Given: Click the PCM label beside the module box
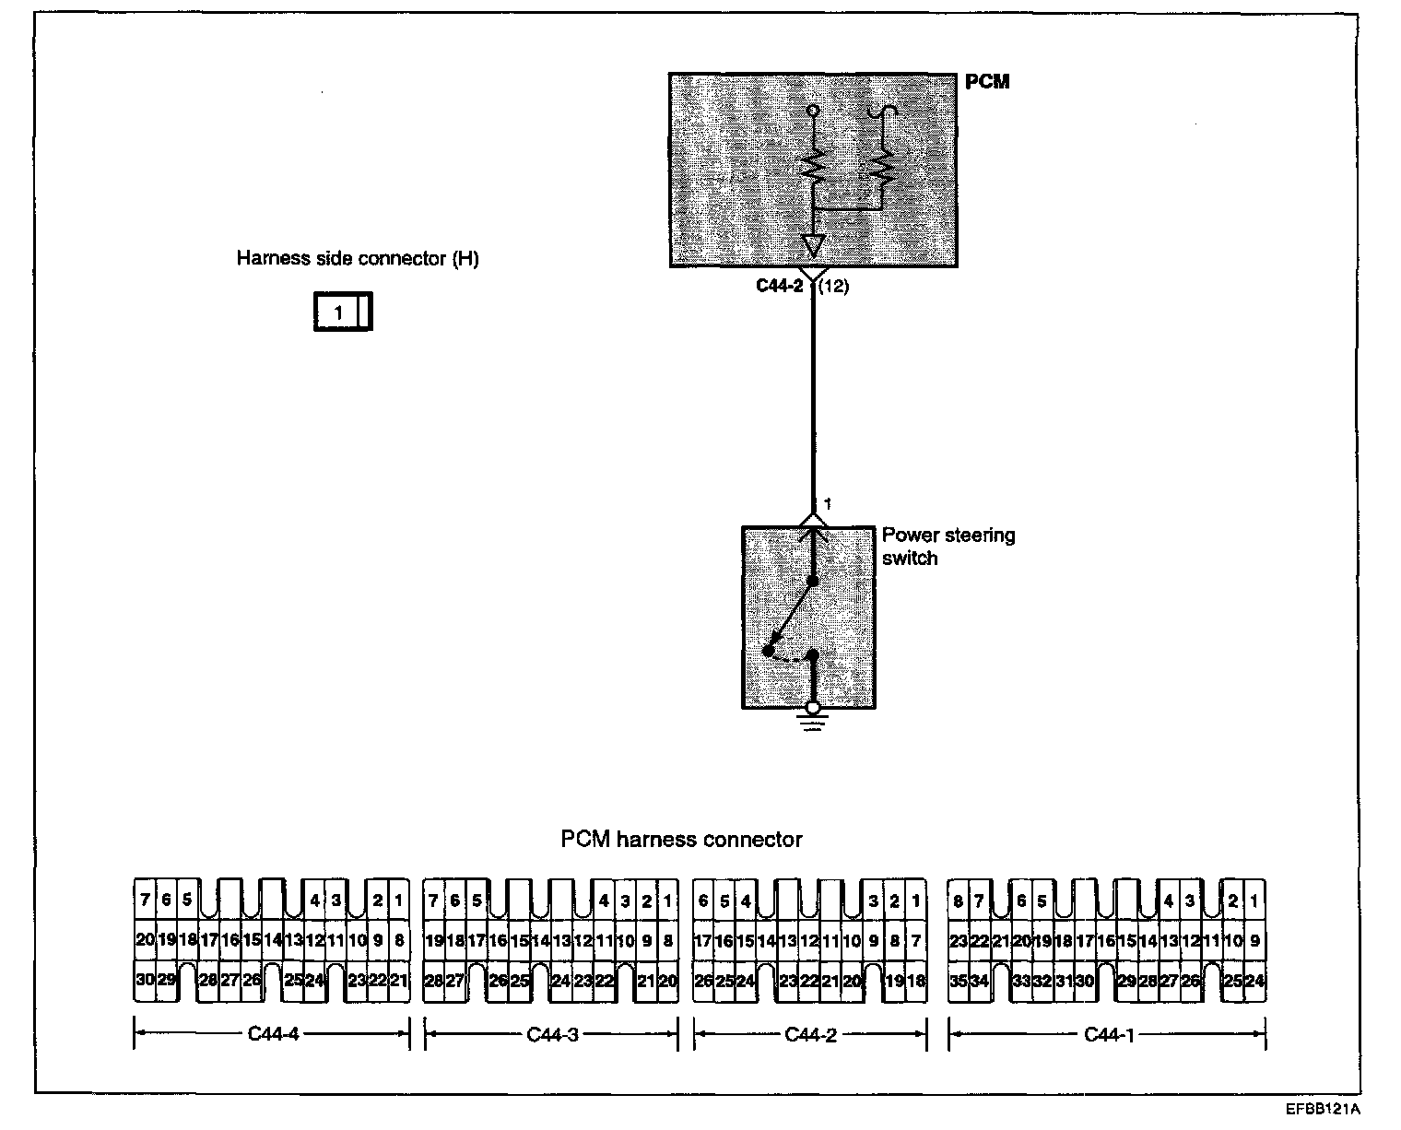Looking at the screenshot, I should point(987,81).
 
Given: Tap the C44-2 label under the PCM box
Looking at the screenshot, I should point(779,286).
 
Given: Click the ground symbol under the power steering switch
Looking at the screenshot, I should point(812,722).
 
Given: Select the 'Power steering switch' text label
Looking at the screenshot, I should point(948,547).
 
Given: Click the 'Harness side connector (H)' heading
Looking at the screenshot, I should point(358,258).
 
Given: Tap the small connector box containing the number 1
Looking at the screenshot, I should point(342,312).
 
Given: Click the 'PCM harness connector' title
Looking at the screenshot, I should point(681,840).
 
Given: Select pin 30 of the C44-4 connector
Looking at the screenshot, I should point(144,981).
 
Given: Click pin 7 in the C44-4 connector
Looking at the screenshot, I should point(145,900).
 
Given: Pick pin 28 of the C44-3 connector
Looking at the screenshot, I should point(433,981).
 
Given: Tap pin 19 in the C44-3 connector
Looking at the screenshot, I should point(433,941).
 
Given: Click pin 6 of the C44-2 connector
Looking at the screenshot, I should point(703,900).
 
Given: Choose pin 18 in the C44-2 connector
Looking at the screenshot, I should point(915,981).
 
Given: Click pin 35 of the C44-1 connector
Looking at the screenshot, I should point(959,981).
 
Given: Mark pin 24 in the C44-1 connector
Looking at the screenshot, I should point(1254,981).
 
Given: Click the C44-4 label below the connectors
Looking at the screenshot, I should point(273,1033).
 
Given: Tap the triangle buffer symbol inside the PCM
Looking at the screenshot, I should point(812,246).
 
